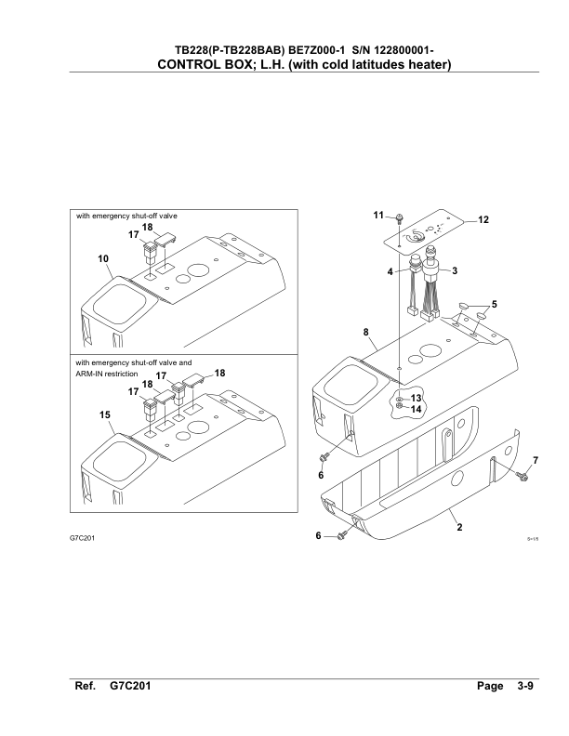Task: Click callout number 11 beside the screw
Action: pos(378,215)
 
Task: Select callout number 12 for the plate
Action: pos(483,219)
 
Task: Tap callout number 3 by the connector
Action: pos(455,270)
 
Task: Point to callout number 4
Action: pos(390,271)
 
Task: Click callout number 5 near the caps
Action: pos(494,304)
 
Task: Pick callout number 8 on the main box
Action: pos(366,333)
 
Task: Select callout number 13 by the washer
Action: pos(416,398)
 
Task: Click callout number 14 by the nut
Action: pos(416,409)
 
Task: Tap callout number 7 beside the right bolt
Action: pos(536,461)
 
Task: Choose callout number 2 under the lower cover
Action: pos(459,527)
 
